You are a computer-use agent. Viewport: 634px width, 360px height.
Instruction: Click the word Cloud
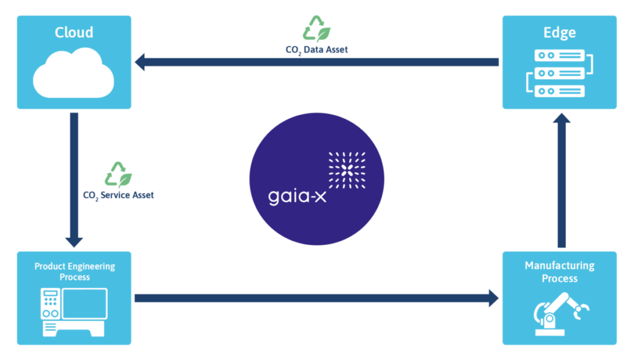[x=74, y=32]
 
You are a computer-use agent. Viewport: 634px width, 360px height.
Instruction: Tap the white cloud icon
[x=74, y=72]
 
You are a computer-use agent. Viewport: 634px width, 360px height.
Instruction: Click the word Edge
[x=560, y=32]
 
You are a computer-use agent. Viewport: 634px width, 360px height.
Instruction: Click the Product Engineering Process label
[x=74, y=271]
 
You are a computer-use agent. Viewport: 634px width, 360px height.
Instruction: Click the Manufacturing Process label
[x=560, y=271]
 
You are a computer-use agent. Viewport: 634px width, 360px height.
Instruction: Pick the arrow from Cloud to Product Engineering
[x=74, y=180]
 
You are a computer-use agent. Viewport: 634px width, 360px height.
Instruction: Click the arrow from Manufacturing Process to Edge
[x=561, y=186]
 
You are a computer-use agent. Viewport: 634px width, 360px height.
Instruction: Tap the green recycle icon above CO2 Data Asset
[x=316, y=29]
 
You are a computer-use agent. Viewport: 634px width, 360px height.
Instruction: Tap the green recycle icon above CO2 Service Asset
[x=118, y=175]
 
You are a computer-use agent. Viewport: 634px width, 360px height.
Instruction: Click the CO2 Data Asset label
[x=316, y=50]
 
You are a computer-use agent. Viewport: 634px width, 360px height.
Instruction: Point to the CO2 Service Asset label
[x=118, y=195]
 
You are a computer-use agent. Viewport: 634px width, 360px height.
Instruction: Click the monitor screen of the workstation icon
[x=84, y=303]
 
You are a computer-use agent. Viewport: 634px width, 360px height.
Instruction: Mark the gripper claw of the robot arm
[x=582, y=310]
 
